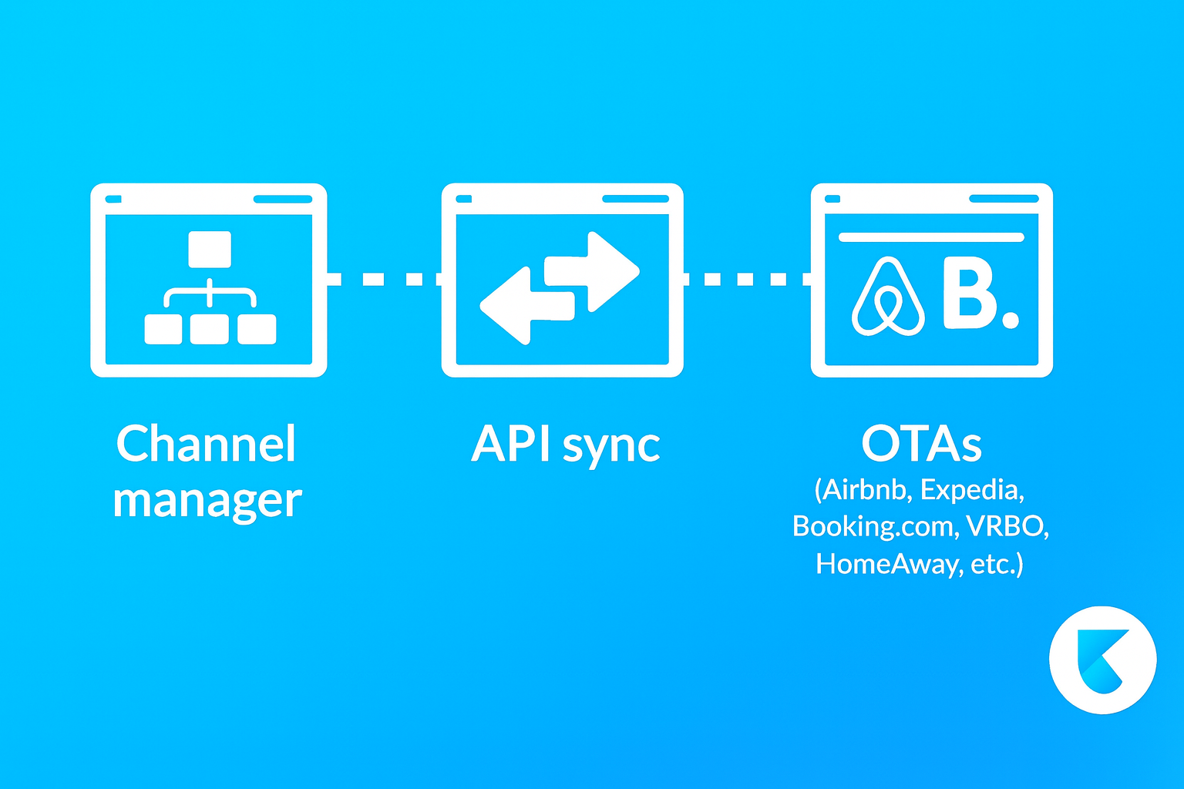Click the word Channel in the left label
[206, 444]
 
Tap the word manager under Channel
[207, 501]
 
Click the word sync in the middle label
[611, 447]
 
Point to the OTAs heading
[921, 445]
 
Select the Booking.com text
[873, 526]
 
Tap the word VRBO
[1007, 526]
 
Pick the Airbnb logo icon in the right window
[888, 297]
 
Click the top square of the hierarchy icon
[210, 249]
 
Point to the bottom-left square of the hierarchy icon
[163, 329]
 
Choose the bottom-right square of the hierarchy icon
[257, 329]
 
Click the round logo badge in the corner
[1102, 660]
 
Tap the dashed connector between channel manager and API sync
[384, 279]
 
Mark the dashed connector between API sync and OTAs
[746, 279]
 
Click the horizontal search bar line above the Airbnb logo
[931, 237]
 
